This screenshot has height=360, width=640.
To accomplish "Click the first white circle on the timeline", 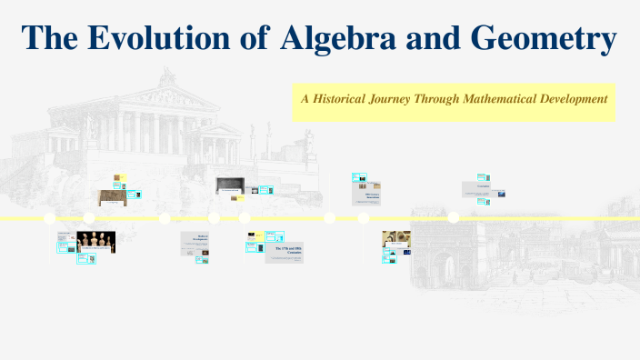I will pyautogui.click(x=49, y=218).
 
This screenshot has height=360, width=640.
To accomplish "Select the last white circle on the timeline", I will pyautogui.click(x=453, y=217).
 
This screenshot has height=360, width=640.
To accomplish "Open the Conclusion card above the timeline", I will pyautogui.click(x=482, y=189).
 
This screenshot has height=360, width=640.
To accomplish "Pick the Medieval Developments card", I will pyautogui.click(x=195, y=240).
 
